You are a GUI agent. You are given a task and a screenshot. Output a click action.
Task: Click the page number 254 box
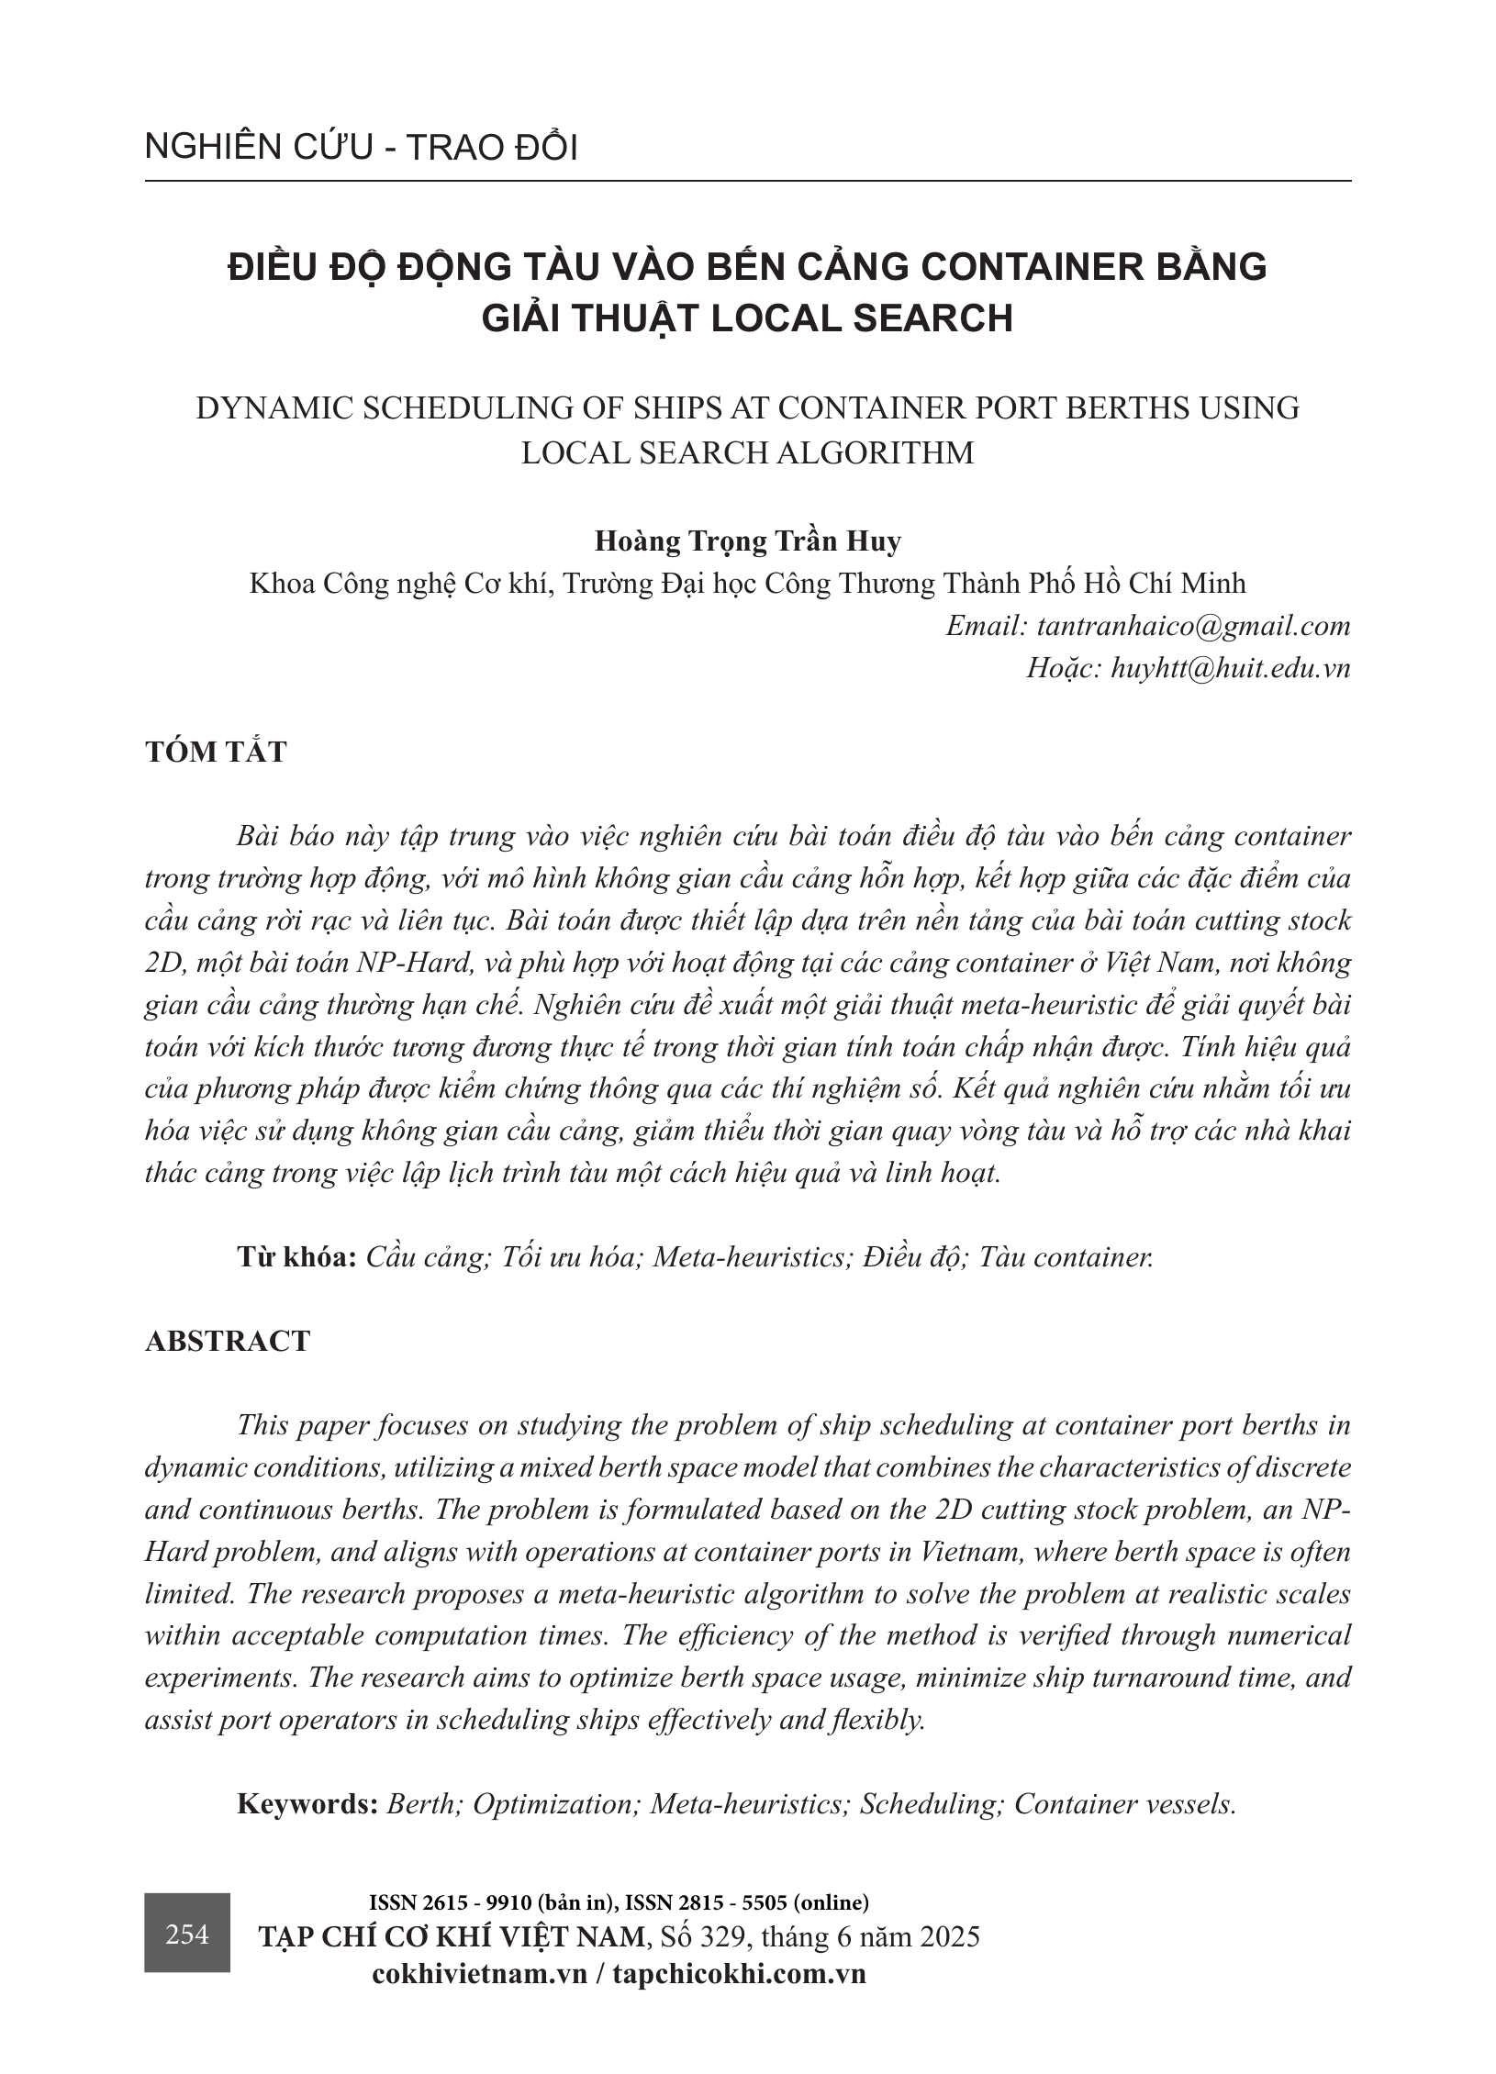point(187,1934)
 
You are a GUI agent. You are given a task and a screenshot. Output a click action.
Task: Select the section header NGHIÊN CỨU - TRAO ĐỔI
point(361,149)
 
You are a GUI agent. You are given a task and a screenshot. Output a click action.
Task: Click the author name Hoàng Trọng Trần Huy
point(747,541)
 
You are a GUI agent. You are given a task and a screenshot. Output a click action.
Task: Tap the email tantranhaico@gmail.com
point(1193,626)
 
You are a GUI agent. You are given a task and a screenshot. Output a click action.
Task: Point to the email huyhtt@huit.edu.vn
point(1230,668)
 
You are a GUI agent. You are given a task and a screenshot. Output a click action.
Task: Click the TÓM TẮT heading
point(216,752)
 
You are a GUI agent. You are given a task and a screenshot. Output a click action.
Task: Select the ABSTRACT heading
point(228,1341)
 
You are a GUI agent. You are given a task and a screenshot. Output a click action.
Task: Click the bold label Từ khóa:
point(296,1256)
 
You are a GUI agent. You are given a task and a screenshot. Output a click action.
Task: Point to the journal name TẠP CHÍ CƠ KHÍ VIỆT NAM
point(452,1936)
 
